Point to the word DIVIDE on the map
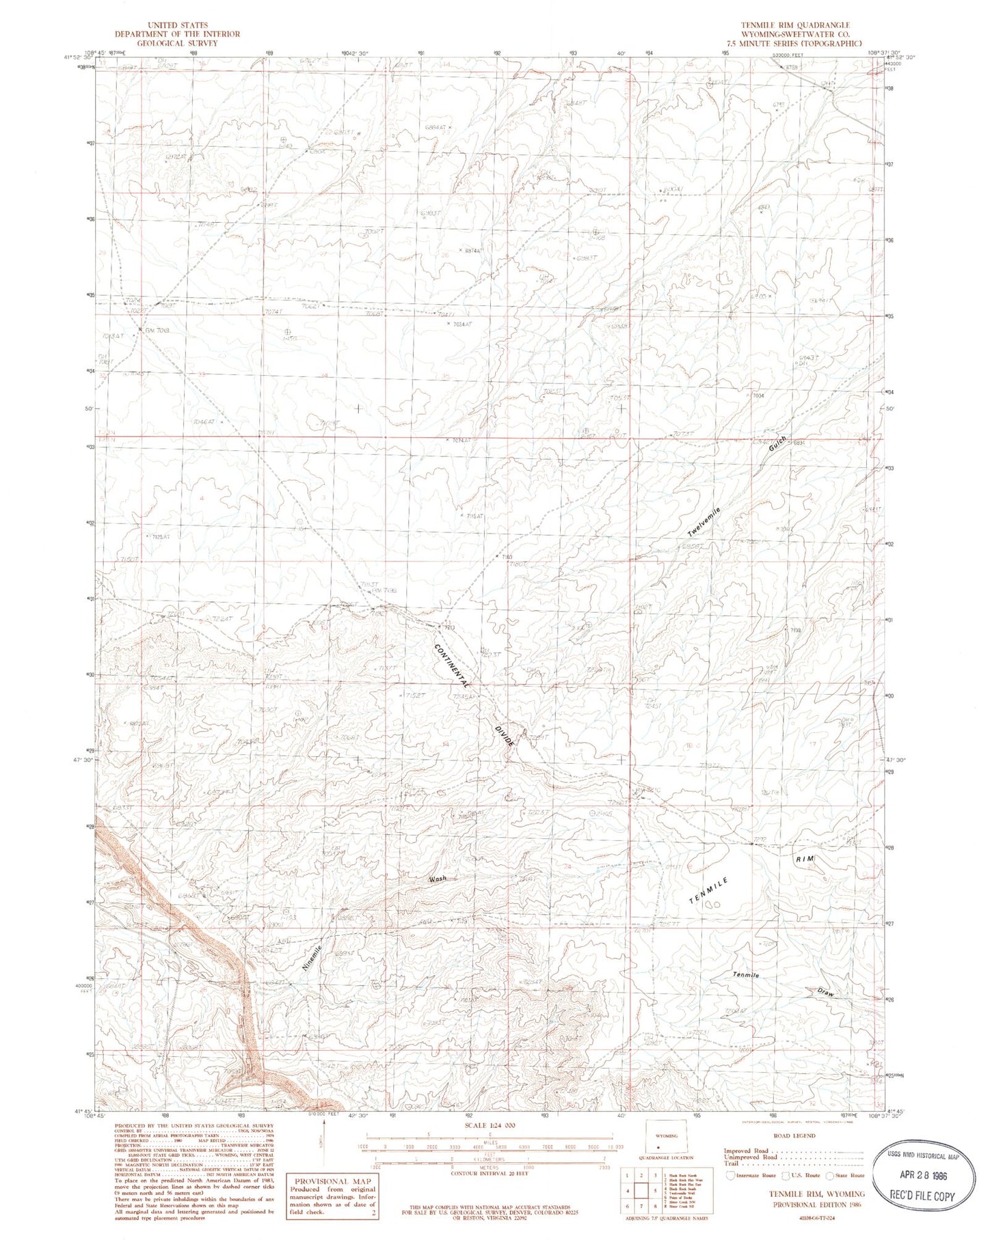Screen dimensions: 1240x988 [503, 740]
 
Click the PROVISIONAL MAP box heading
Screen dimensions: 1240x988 [332, 1181]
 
